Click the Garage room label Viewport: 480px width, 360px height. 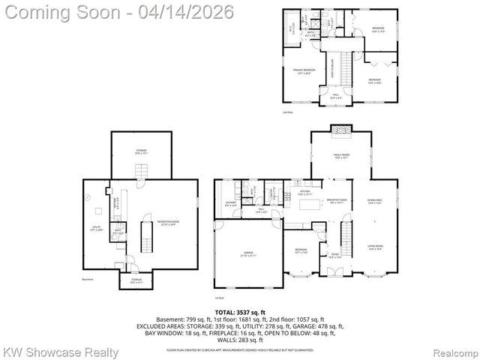click(247, 255)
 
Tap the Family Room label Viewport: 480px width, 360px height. click(342, 155)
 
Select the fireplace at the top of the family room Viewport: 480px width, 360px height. click(342, 130)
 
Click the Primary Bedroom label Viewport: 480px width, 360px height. click(304, 70)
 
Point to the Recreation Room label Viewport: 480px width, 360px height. click(167, 223)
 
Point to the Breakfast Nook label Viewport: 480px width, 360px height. click(336, 201)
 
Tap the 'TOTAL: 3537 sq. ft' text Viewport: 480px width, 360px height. click(240, 311)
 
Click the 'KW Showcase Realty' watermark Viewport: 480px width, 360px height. click(60, 352)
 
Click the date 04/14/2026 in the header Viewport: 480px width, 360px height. click(190, 11)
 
